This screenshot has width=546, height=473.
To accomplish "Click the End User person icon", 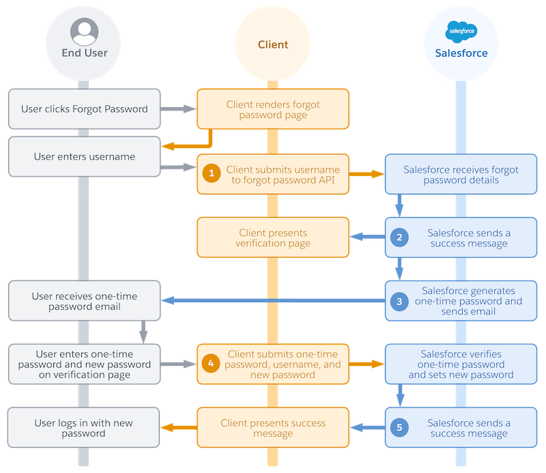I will pos(85,32).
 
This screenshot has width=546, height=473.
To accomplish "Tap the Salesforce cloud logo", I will pos(461,31).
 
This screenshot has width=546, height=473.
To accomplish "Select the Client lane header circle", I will pos(273,44).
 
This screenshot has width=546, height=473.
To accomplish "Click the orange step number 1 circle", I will pos(212,173).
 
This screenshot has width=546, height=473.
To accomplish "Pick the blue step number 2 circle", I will pos(399,238).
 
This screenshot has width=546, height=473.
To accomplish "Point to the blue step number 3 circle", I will pos(399,300).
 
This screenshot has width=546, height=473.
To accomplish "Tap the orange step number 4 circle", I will pos(212,364).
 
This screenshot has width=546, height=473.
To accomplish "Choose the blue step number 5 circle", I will pos(399,428).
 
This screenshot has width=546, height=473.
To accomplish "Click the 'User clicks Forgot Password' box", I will pos(85,109).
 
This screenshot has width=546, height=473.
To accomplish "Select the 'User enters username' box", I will pos(85,156).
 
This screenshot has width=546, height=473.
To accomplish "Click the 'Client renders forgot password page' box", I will pos(273,110).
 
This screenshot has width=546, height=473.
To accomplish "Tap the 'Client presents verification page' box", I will pos(273,238).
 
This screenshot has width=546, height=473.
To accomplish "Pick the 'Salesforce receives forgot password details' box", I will pos(461,174).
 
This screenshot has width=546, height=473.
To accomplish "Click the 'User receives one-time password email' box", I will pos(85,301).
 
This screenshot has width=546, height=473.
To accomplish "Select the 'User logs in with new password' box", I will pos(85,428).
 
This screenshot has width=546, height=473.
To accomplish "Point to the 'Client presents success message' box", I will pos(273,428).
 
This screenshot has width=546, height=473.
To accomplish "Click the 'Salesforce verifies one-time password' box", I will pos(461,364).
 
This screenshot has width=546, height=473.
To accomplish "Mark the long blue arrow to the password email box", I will pos(273,301).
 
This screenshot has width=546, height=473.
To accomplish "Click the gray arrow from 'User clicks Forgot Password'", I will pos(179,109).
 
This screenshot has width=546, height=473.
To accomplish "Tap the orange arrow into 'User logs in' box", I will pos(179,428).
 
